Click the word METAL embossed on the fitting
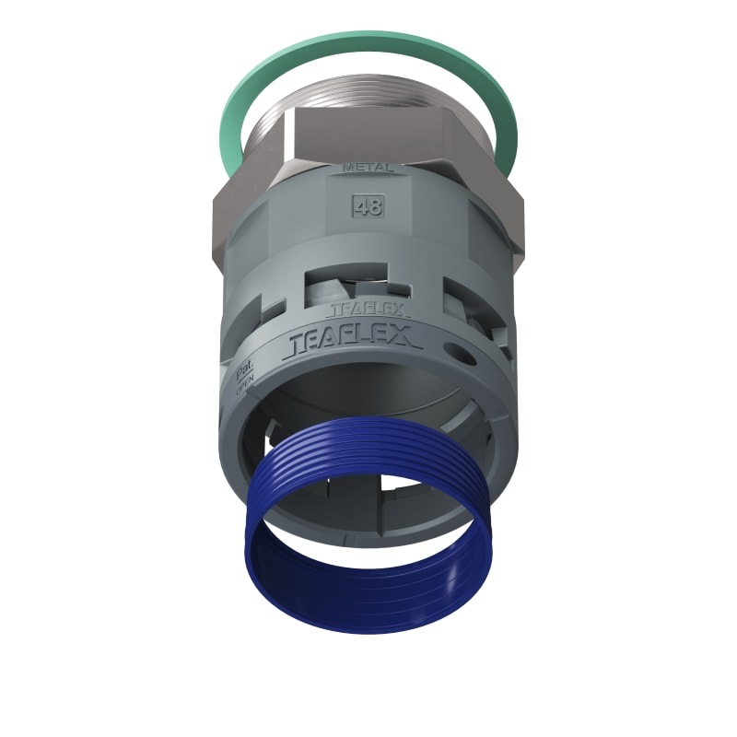coord(368,168)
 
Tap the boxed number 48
coord(368,205)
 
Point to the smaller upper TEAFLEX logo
coord(368,310)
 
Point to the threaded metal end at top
coord(368,92)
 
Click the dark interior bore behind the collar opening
coord(368,396)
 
